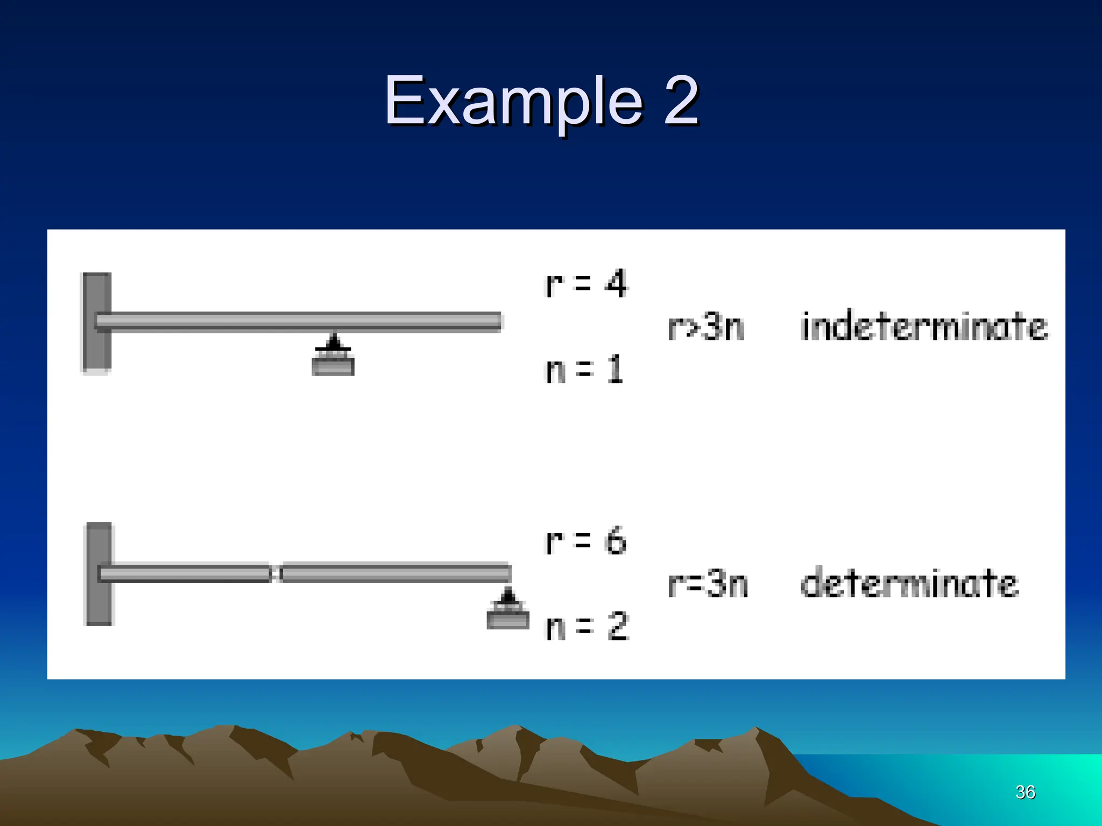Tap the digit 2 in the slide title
pyautogui.click(x=681, y=101)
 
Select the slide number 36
pyautogui.click(x=1025, y=792)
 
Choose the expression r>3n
pyautogui.click(x=706, y=326)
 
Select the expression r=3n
pyautogui.click(x=708, y=584)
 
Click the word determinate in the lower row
pyautogui.click(x=909, y=583)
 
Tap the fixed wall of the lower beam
pyautogui.click(x=99, y=573)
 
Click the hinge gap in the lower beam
pyautogui.click(x=275, y=573)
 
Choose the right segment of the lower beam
pyautogui.click(x=395, y=573)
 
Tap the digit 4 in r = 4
pyautogui.click(x=616, y=283)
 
